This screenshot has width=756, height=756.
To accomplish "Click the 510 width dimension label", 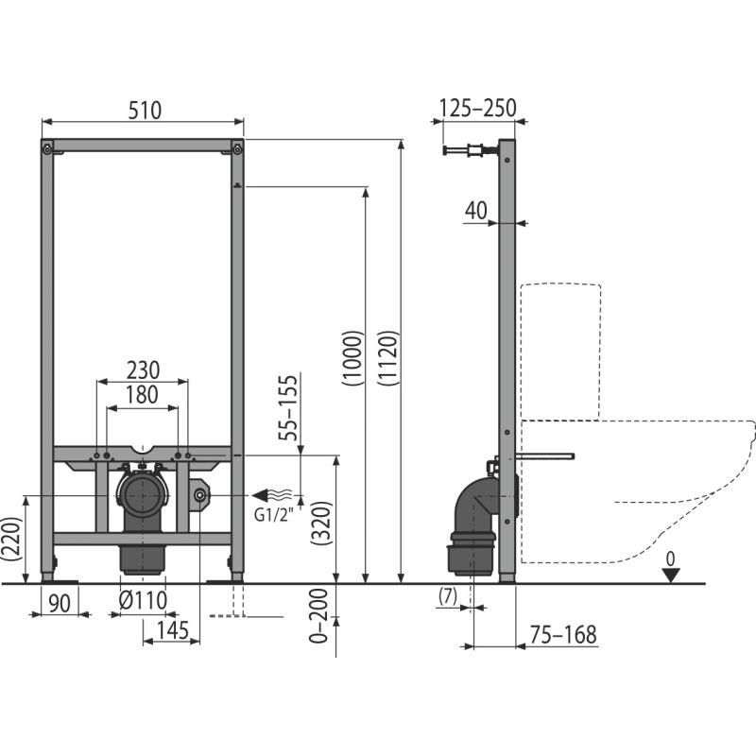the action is (x=145, y=111).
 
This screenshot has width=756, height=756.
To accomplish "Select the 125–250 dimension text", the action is (x=478, y=108).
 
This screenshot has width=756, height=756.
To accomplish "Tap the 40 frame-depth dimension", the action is (x=476, y=211).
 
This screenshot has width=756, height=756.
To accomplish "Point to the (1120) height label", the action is (x=389, y=358).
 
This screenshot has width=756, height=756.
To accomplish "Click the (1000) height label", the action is (x=352, y=358).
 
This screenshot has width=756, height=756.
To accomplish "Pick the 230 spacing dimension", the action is (x=143, y=370).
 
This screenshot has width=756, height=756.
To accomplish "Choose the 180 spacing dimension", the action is (x=142, y=394).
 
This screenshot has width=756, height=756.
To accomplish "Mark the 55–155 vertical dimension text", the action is (x=288, y=408).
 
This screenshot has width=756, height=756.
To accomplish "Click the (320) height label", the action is (x=321, y=524).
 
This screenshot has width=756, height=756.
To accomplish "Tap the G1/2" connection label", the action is (x=273, y=515).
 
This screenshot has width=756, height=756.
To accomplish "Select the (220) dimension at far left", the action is (x=10, y=539).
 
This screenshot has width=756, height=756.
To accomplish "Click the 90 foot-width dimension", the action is (x=60, y=603).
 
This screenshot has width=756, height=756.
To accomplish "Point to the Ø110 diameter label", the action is (x=143, y=601).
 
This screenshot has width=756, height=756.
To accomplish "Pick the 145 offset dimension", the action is (x=173, y=630).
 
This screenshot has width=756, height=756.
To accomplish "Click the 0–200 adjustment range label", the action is (x=318, y=616).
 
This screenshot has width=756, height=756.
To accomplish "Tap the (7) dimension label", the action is (x=447, y=596).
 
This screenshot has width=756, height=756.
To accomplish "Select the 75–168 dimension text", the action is (x=563, y=634).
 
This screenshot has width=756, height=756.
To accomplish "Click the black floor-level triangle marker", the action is (x=670, y=576).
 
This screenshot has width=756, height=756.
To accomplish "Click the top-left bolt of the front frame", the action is (x=47, y=149).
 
